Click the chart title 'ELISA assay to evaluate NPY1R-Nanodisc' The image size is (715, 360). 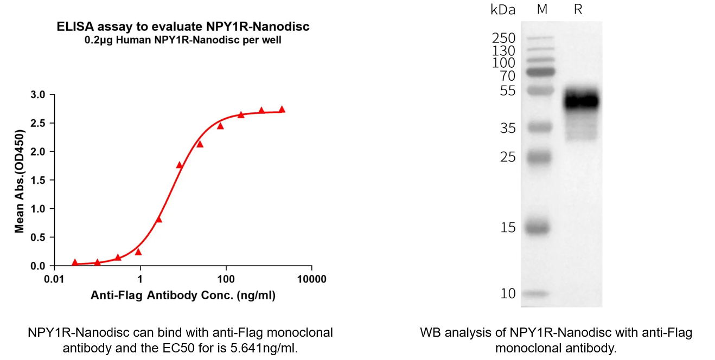click(x=183, y=27)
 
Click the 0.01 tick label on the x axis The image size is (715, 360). click(x=54, y=279)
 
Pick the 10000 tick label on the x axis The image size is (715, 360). click(x=311, y=279)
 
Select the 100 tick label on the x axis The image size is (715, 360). click(x=226, y=279)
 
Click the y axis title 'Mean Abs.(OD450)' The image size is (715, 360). click(x=20, y=181)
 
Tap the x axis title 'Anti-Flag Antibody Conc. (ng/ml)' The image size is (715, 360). click(x=183, y=296)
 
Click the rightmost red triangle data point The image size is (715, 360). click(x=282, y=109)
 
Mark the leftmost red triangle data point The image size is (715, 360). click(x=75, y=262)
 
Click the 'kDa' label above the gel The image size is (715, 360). click(x=502, y=9)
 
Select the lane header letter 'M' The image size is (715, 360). click(x=542, y=9)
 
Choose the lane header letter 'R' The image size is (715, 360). click(x=578, y=9)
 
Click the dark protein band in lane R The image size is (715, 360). click(x=581, y=101)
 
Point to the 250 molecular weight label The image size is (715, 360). click(x=503, y=38)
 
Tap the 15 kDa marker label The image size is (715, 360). click(x=508, y=228)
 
